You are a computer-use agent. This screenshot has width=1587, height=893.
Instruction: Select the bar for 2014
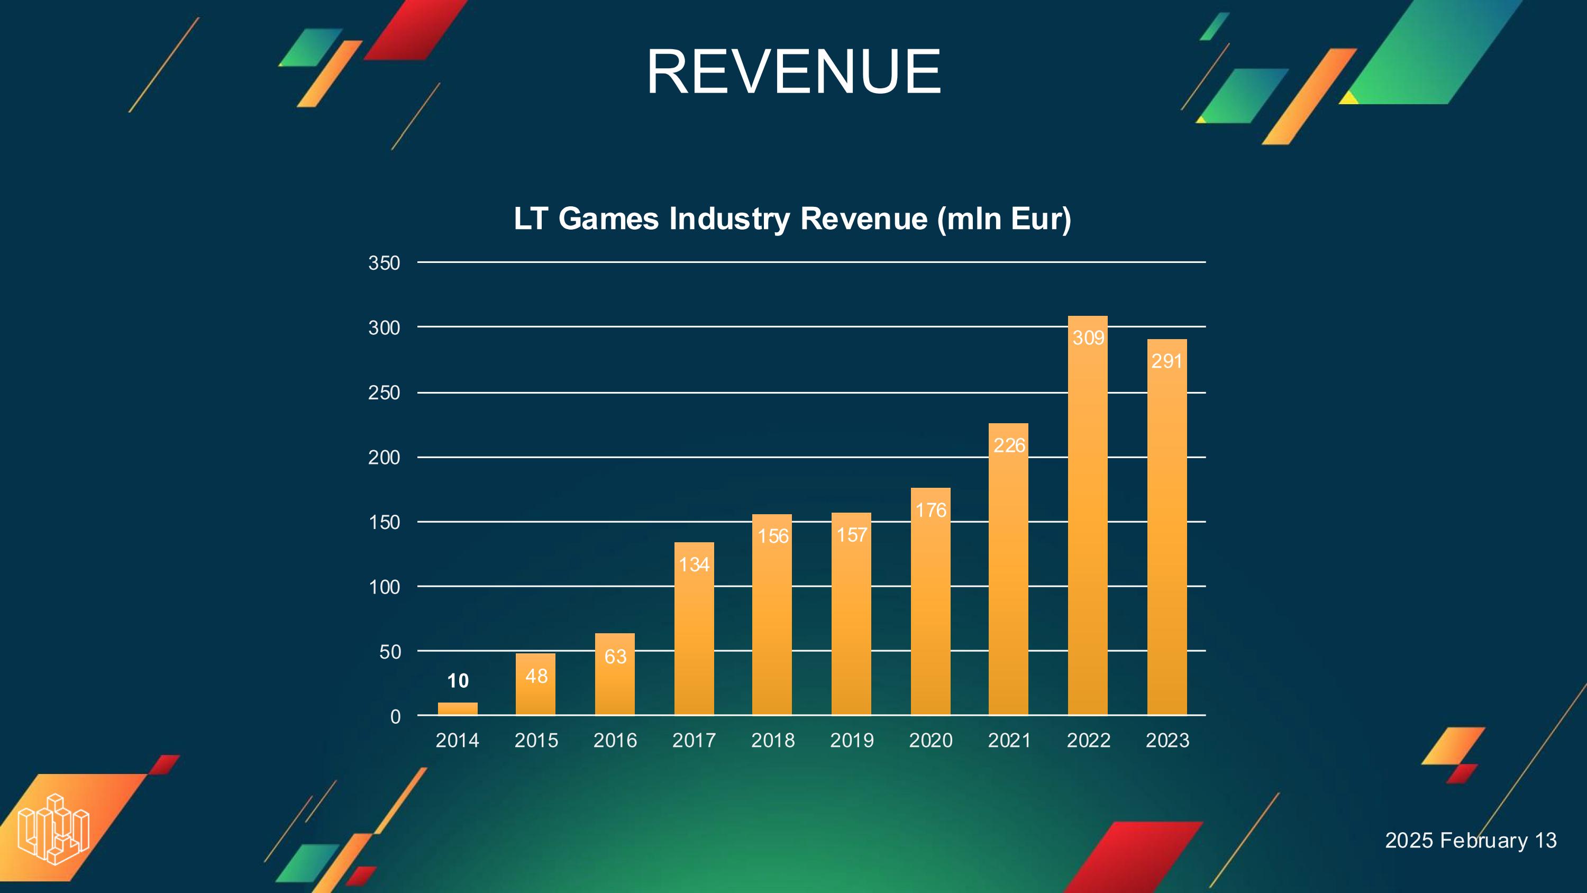pyautogui.click(x=457, y=709)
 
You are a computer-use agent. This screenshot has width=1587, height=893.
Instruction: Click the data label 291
pyautogui.click(x=1166, y=361)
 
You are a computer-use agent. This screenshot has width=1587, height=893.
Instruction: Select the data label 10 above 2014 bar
pyautogui.click(x=458, y=681)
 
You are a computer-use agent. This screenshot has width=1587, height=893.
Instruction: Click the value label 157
pyautogui.click(x=851, y=535)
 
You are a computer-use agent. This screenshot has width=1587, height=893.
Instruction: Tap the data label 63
pyautogui.click(x=615, y=657)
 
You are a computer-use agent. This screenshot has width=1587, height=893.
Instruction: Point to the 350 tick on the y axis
pyautogui.click(x=385, y=263)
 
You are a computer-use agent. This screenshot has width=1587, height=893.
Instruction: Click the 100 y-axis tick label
pyautogui.click(x=385, y=587)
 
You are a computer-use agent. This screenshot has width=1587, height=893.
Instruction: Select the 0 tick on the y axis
pyautogui.click(x=395, y=717)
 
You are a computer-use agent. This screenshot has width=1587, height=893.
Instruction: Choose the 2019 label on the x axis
pyautogui.click(x=851, y=740)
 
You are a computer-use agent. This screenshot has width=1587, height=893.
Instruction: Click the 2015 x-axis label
pyautogui.click(x=536, y=740)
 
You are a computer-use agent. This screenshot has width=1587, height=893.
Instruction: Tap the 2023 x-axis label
pyautogui.click(x=1167, y=740)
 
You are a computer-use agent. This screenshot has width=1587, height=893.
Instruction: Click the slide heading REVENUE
pyautogui.click(x=793, y=72)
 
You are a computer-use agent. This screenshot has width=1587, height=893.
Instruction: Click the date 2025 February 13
pyautogui.click(x=1471, y=841)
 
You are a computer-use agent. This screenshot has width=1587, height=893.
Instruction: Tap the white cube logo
pyautogui.click(x=53, y=829)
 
